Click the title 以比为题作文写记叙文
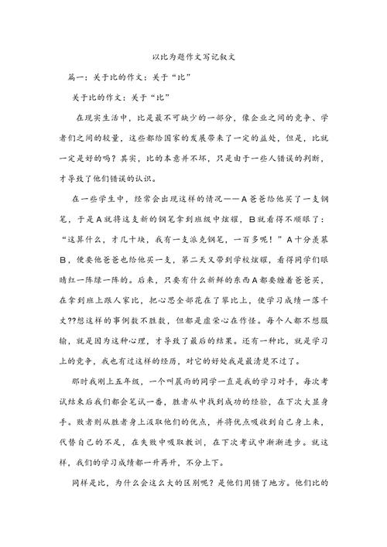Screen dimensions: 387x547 [193, 58]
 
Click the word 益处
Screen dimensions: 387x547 [273, 137]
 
